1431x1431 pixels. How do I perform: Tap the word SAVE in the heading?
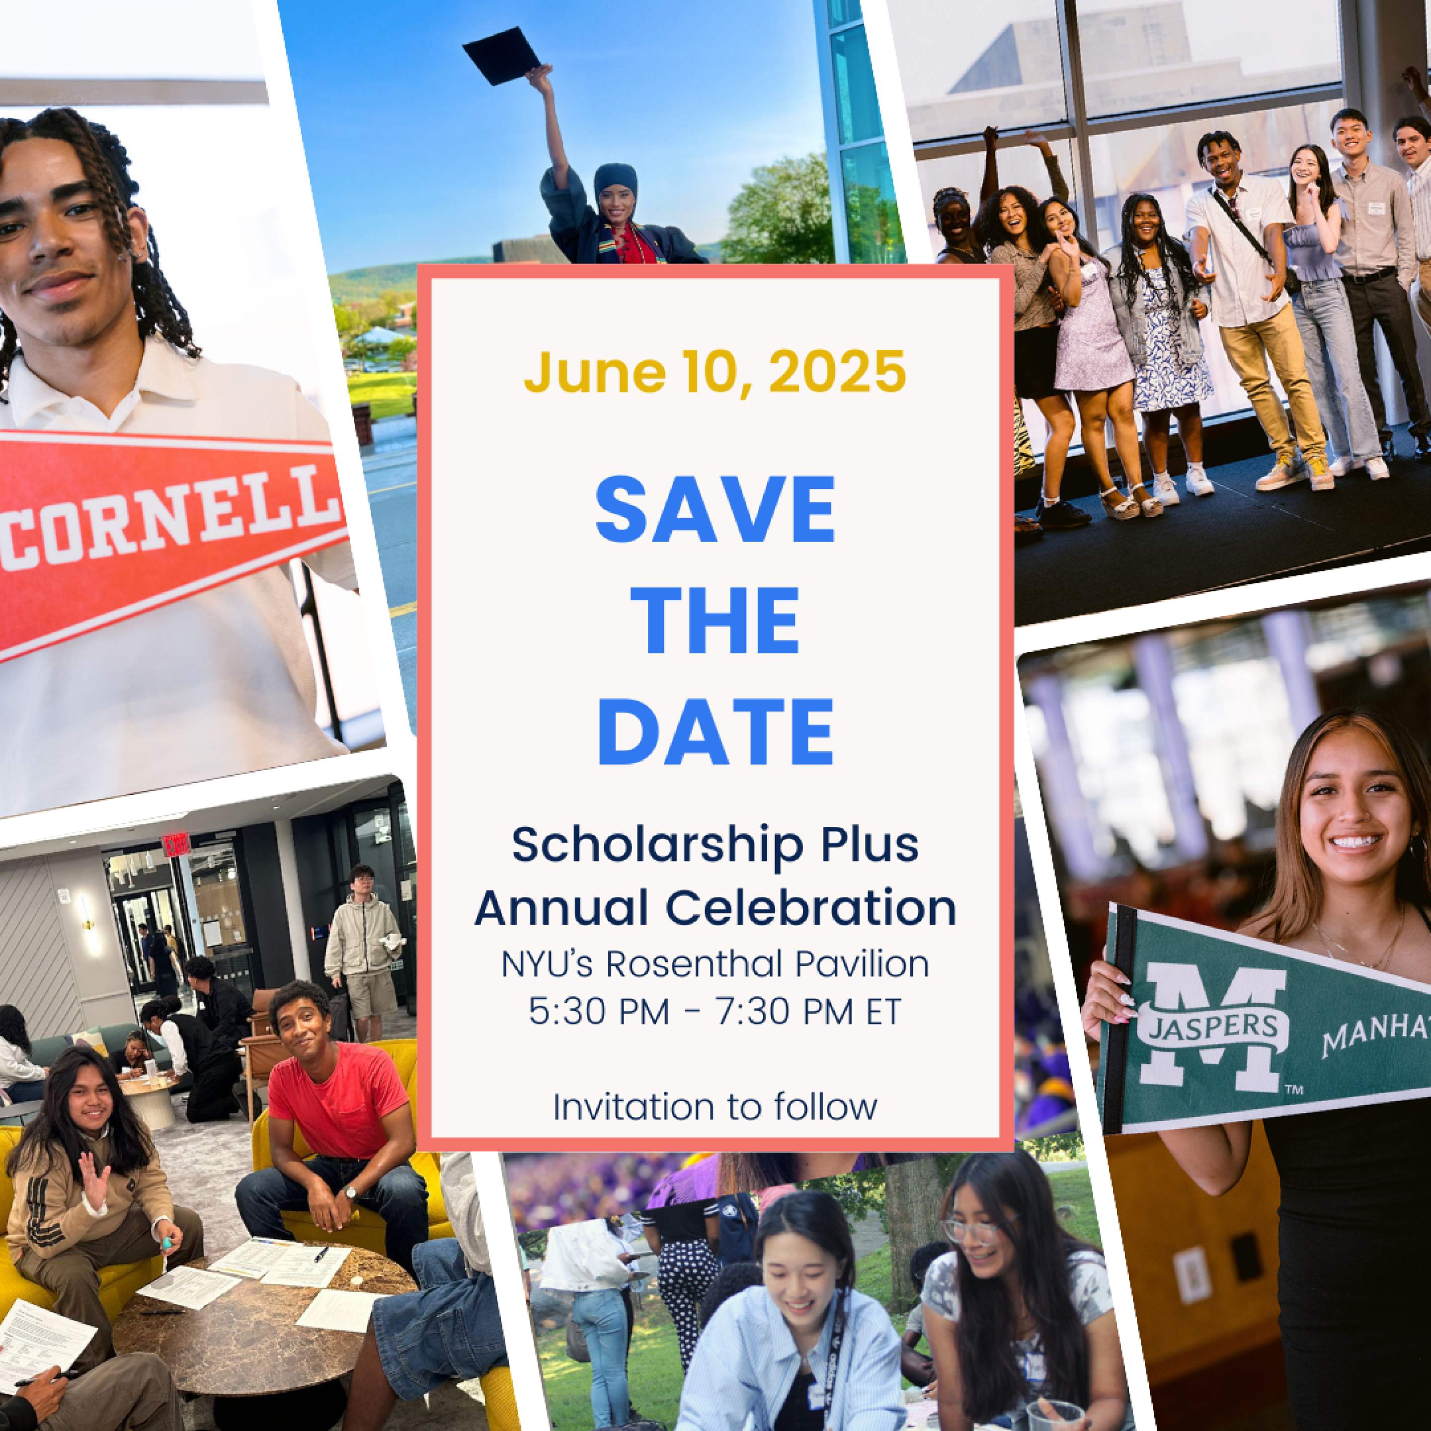tap(715, 511)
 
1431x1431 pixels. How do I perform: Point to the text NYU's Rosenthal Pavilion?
tap(715, 964)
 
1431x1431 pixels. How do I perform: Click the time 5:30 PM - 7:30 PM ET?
tap(715, 1011)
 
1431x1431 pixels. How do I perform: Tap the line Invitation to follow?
tap(715, 1107)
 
